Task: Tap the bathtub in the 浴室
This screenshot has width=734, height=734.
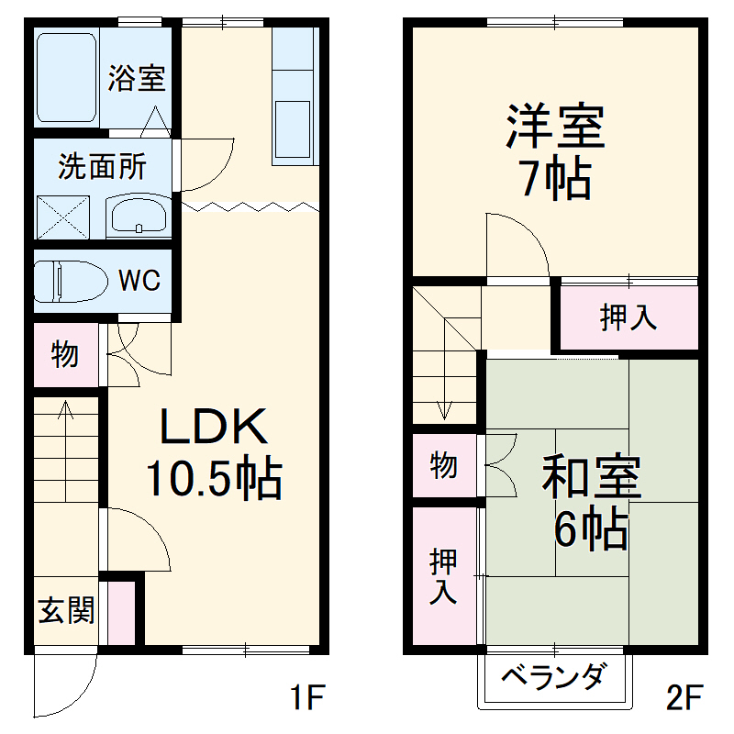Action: click(x=67, y=79)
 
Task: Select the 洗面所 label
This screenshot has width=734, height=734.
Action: click(x=102, y=167)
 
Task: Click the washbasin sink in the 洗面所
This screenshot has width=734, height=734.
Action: click(x=137, y=217)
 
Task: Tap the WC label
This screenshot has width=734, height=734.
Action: click(x=140, y=280)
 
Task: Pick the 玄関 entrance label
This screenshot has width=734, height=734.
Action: click(x=66, y=610)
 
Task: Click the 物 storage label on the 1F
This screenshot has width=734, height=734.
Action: click(x=64, y=354)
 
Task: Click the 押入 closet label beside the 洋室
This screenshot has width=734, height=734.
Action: click(x=628, y=317)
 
